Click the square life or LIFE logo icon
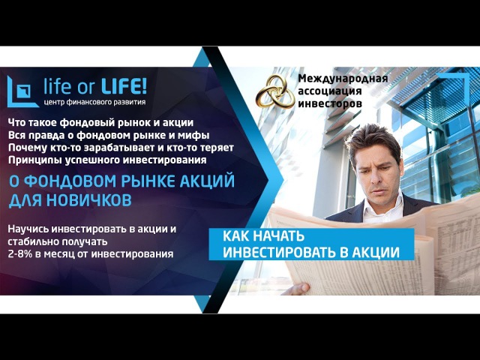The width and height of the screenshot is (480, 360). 22,91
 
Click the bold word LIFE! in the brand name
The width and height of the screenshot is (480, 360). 124,86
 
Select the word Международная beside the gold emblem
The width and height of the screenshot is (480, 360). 343,78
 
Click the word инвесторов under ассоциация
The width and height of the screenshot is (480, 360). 330,103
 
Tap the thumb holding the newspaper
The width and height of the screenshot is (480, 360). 296,288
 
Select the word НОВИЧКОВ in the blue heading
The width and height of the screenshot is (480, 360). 88,200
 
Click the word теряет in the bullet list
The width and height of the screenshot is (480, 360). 217,148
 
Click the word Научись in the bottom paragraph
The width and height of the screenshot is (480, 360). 28,229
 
